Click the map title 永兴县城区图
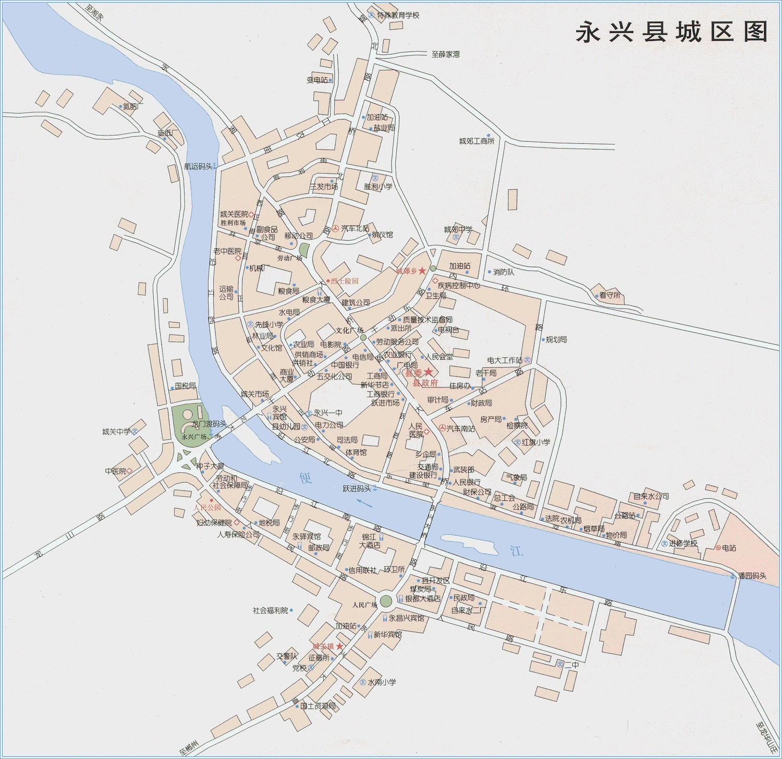tap(671, 32)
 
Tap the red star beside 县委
tap(428, 372)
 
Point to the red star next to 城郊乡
tap(422, 271)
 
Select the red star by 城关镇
tap(339, 646)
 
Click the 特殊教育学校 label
tap(398, 15)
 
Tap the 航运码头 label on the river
tap(198, 166)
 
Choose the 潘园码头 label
tap(752, 576)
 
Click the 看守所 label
tap(609, 295)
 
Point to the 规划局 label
tap(556, 339)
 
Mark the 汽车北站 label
tap(355, 228)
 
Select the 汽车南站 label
tap(460, 429)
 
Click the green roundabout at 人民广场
tap(386, 601)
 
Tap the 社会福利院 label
tap(270, 610)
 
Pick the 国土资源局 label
tap(318, 706)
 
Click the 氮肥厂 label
tap(133, 106)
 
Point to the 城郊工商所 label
tap(476, 141)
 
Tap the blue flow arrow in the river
tap(364, 503)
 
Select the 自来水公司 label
tap(651, 496)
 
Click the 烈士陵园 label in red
tap(345, 281)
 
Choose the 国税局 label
tap(185, 386)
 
